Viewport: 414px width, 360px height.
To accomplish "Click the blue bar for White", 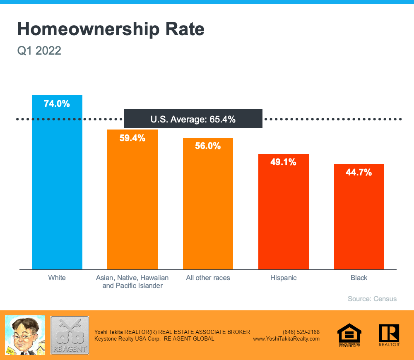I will [x=57, y=186].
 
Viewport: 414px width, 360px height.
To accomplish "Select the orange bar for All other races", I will [x=208, y=207].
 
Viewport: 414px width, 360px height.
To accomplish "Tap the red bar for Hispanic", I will [x=284, y=215].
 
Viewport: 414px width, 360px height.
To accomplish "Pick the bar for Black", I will [x=359, y=219].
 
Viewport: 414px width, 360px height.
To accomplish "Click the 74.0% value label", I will [x=57, y=104].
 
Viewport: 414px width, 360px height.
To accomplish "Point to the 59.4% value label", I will [x=132, y=138].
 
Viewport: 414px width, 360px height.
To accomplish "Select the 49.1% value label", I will [x=284, y=162].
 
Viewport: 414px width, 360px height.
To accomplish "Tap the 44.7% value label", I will [x=359, y=173].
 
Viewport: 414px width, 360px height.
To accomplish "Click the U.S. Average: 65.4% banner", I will [x=193, y=119].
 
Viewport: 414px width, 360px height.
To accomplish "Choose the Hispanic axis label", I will [x=284, y=278].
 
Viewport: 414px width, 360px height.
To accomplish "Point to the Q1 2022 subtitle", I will [x=39, y=51].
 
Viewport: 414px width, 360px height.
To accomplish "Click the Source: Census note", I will [x=372, y=299].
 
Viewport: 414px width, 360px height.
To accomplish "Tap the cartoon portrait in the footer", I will [x=24, y=335].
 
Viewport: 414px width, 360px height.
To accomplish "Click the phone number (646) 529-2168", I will [x=301, y=332].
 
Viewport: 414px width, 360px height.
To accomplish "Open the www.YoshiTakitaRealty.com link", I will [x=286, y=338].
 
